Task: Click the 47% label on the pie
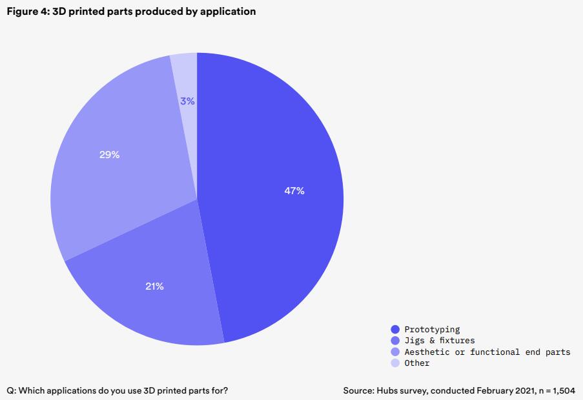click(x=294, y=191)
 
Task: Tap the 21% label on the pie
click(x=154, y=286)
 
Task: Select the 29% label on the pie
click(x=110, y=155)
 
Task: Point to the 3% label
click(x=187, y=101)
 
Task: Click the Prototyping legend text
click(x=432, y=329)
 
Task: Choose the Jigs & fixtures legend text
click(x=439, y=340)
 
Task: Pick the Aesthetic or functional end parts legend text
click(x=487, y=352)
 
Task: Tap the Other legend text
click(x=417, y=363)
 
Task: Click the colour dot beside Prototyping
click(x=395, y=329)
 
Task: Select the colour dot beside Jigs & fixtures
click(x=395, y=340)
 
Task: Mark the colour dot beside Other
click(x=395, y=363)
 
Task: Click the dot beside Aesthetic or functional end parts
click(x=395, y=352)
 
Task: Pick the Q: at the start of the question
click(x=12, y=390)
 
